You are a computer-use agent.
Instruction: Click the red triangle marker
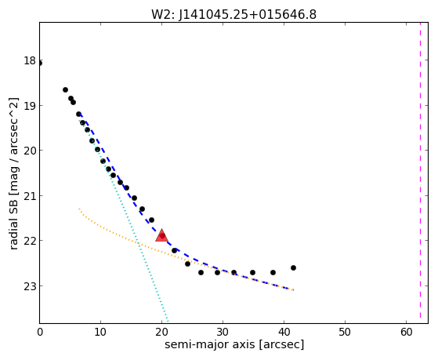click(x=161, y=235)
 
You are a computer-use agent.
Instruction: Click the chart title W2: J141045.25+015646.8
click(x=233, y=15)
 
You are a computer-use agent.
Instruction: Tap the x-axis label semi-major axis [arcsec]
click(x=234, y=344)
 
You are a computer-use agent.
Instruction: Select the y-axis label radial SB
click(x=13, y=223)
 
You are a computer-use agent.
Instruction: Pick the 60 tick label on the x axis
click(x=406, y=332)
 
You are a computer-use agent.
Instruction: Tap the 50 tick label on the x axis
click(x=345, y=332)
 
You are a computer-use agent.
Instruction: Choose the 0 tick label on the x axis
click(x=40, y=332)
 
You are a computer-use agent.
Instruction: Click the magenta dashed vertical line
click(x=420, y=173)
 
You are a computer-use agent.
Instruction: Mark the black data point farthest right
click(x=293, y=267)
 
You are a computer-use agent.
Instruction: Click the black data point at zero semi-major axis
click(x=40, y=64)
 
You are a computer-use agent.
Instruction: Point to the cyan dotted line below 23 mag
click(x=165, y=304)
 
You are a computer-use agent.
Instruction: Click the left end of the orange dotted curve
click(x=79, y=209)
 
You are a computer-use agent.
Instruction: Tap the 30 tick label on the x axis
click(x=223, y=332)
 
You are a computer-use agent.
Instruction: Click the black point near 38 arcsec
click(x=273, y=272)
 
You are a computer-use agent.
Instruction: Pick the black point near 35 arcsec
click(x=252, y=272)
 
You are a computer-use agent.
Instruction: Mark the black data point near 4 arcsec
click(x=65, y=89)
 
